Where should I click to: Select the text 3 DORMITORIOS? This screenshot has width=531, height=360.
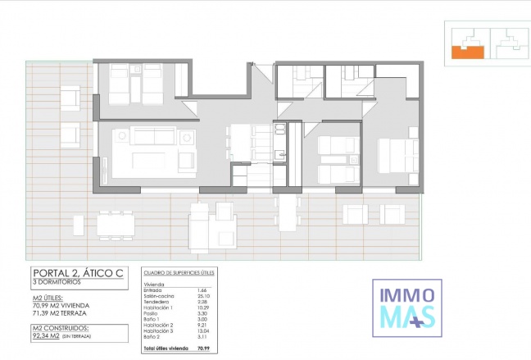coord(58,283)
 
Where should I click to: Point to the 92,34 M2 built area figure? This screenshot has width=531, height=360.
coord(49,335)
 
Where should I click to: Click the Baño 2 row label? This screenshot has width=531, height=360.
coord(153,336)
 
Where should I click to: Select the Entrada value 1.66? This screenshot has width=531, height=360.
coord(202,289)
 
